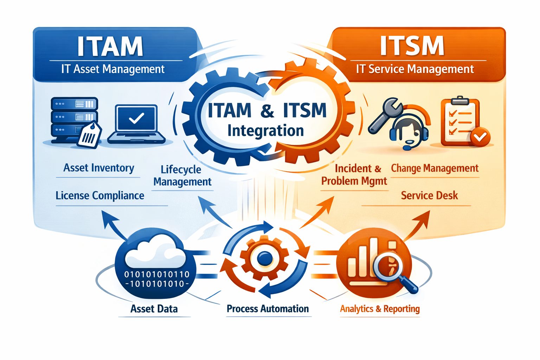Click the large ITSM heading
412,46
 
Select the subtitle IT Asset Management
113,69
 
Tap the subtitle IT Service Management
415,69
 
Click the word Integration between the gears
265,131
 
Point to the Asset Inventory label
99,168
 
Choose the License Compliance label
100,195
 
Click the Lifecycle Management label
182,175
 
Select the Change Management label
435,168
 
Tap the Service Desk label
429,195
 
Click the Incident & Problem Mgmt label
354,175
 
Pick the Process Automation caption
268,309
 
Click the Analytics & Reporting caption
380,309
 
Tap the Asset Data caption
154,309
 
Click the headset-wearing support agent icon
409,130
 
